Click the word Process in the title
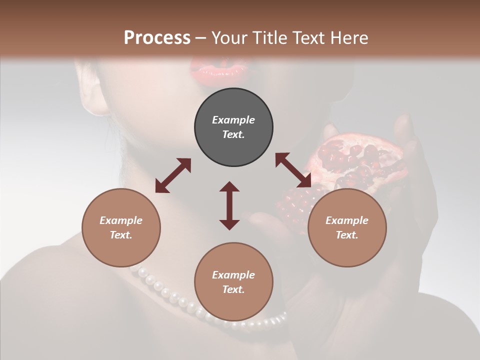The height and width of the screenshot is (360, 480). click(x=157, y=38)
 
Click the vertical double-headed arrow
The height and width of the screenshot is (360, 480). click(x=229, y=205)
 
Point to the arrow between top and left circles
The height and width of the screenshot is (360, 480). click(x=173, y=175)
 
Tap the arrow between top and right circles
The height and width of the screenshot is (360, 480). click(x=293, y=170)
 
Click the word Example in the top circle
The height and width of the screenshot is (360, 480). click(x=233, y=120)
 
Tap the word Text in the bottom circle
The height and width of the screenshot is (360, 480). click(x=233, y=289)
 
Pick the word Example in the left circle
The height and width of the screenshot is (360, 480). click(x=121, y=220)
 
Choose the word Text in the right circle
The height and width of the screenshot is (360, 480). click(x=347, y=235)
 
